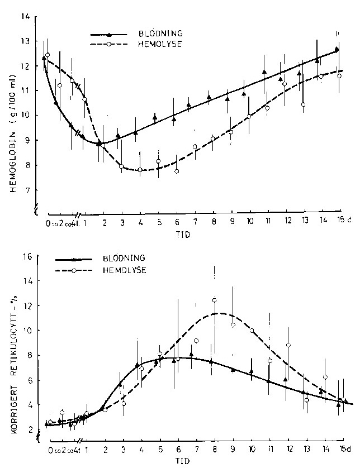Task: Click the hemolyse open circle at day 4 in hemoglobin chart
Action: click(x=140, y=170)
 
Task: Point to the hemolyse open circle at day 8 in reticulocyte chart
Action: click(x=214, y=300)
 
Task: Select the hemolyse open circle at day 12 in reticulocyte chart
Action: click(x=288, y=345)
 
